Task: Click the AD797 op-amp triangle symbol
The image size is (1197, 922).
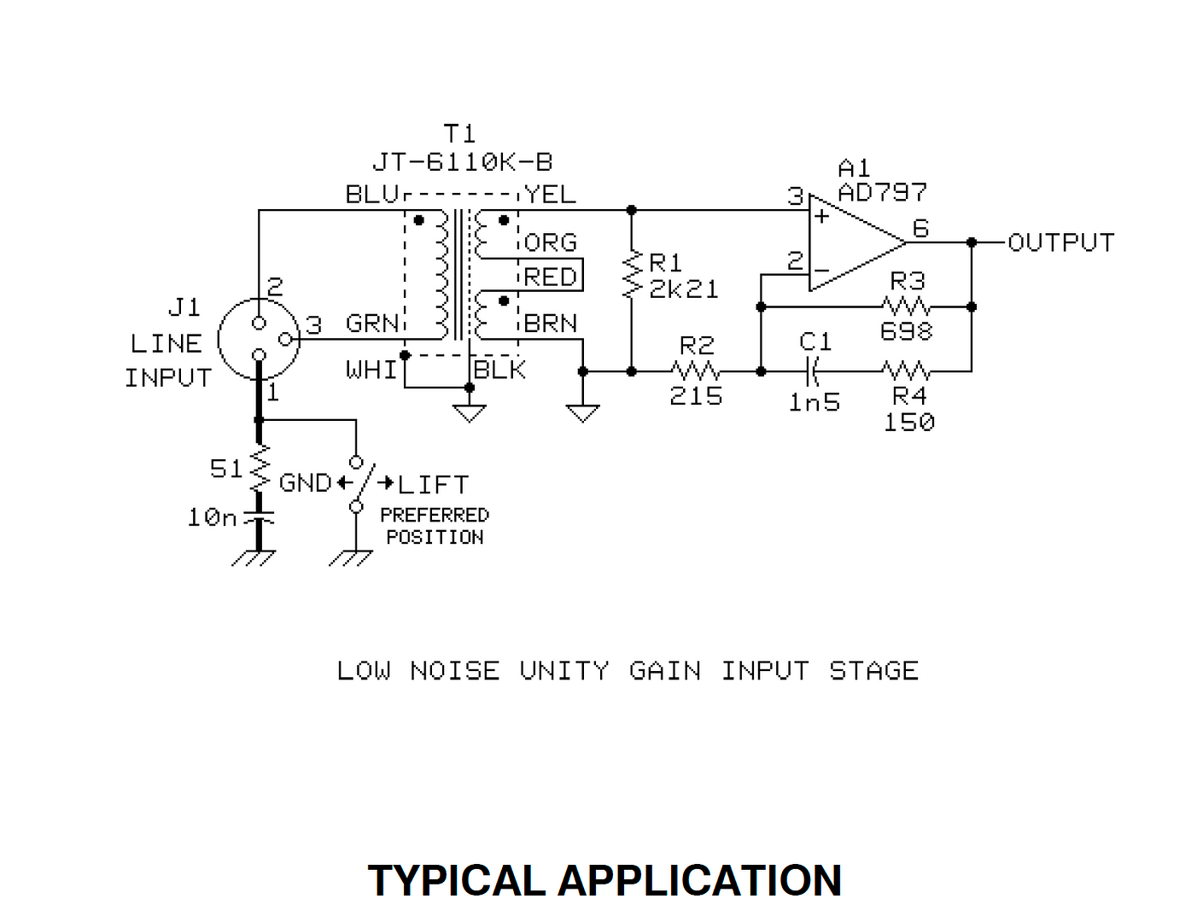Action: point(856,242)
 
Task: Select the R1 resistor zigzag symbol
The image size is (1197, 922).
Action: point(632,274)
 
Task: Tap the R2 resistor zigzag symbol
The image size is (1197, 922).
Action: point(695,371)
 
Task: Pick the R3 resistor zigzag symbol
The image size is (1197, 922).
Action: point(906,306)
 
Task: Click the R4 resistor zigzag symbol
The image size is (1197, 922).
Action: point(906,371)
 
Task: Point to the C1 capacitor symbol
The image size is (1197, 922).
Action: point(813,371)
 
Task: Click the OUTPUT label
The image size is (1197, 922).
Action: point(1061,242)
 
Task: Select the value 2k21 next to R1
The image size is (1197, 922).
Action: point(684,289)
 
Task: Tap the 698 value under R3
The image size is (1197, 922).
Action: point(906,331)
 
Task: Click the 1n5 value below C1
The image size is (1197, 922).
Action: point(815,403)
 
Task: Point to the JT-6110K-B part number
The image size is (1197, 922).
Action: point(462,162)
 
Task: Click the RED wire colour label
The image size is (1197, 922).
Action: point(550,277)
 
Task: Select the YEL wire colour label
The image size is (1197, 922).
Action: point(550,195)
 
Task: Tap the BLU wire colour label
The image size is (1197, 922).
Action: point(372,195)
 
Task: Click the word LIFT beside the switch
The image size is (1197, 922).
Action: point(433,485)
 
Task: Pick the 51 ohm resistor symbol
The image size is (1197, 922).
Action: point(260,468)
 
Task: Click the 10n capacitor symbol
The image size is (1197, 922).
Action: point(259,517)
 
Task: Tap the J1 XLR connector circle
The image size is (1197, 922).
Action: point(259,339)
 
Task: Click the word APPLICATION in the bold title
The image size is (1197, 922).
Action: point(699,881)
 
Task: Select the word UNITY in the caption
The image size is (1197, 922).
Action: point(564,671)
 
